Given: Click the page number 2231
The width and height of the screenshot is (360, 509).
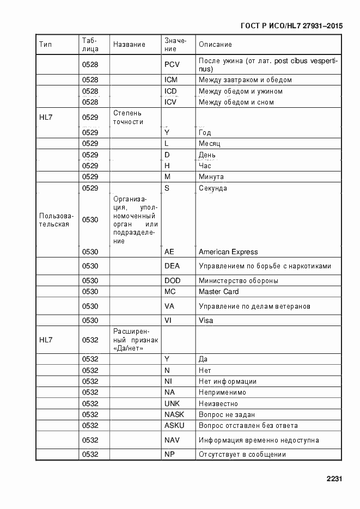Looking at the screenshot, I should [x=334, y=479].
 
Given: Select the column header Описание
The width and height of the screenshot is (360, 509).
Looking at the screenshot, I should [x=215, y=45].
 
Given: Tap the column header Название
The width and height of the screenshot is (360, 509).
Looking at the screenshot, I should [x=129, y=45].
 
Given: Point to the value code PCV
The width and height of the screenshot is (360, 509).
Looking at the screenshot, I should [x=172, y=65].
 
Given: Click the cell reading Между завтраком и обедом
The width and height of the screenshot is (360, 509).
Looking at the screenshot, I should [x=245, y=80].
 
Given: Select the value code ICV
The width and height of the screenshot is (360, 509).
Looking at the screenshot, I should [x=170, y=102].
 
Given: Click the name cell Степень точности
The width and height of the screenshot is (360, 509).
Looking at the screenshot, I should [x=129, y=117].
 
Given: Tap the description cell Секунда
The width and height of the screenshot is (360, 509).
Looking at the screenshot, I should [x=213, y=188].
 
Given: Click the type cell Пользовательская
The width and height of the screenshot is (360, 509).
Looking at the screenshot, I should [x=54, y=220].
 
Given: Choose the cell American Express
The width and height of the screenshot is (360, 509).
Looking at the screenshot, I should [x=228, y=252].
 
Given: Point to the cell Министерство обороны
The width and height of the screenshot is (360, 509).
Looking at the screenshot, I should [x=239, y=281].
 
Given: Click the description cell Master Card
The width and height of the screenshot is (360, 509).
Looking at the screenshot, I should [x=219, y=292].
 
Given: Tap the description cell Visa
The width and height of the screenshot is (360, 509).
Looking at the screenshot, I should [x=206, y=321].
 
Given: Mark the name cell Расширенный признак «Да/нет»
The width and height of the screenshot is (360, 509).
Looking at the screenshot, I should [x=136, y=340].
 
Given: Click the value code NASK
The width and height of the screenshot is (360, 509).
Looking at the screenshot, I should [x=174, y=415].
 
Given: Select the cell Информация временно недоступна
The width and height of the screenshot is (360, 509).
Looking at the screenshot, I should [x=259, y=440].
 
